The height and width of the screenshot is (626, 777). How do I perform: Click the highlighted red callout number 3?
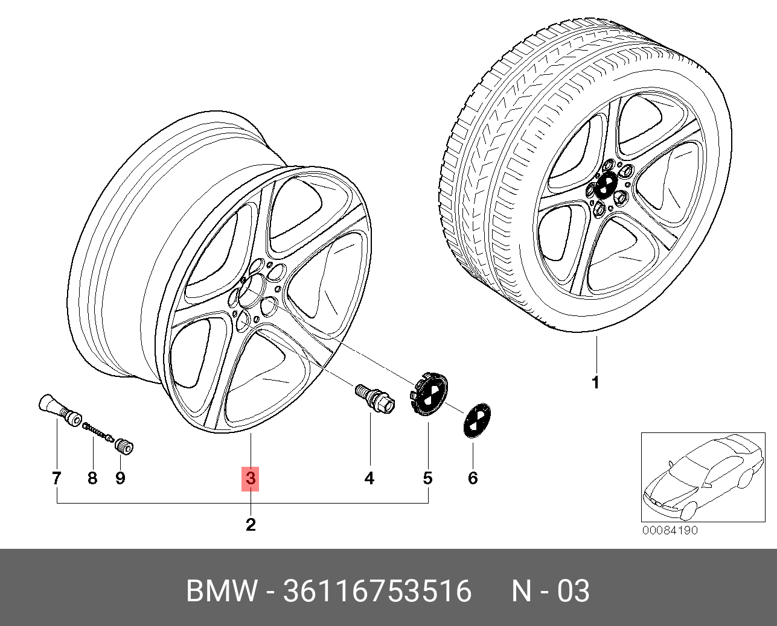click(x=250, y=478)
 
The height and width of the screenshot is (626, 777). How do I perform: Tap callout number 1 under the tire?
click(x=596, y=382)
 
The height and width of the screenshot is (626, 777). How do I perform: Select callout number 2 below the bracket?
click(x=251, y=524)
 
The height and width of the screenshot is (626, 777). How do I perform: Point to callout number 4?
click(x=369, y=478)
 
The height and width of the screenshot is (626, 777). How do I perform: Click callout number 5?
click(x=427, y=478)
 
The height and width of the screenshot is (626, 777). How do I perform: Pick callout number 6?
click(x=473, y=478)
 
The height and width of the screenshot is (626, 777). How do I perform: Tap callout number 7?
click(x=57, y=478)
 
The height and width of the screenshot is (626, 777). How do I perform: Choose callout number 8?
click(x=92, y=478)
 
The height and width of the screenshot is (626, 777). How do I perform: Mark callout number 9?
click(x=120, y=478)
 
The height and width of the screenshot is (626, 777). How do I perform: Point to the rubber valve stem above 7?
click(x=60, y=413)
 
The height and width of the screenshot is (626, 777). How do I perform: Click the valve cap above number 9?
click(x=124, y=448)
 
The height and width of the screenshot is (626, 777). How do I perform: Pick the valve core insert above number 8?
click(x=98, y=432)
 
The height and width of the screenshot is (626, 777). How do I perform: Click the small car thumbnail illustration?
click(x=703, y=477)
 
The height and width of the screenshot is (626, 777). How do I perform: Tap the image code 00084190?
click(x=670, y=530)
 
